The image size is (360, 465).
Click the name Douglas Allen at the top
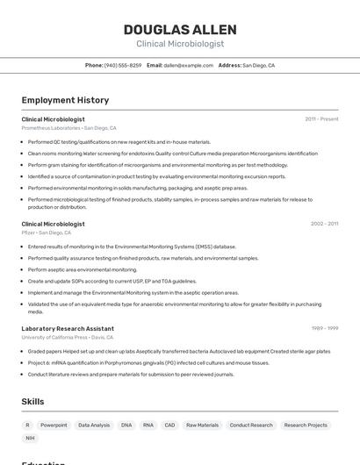(179, 29)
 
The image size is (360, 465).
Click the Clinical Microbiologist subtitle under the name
(179, 44)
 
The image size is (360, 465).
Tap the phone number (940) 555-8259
(122, 65)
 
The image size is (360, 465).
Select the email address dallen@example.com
(188, 65)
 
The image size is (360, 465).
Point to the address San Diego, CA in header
(258, 65)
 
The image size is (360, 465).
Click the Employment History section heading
(65, 100)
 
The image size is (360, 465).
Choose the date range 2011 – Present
(321, 119)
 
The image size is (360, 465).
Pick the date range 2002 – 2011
(324, 224)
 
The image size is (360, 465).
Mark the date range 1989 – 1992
(325, 328)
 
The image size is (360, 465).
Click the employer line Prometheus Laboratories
(68, 128)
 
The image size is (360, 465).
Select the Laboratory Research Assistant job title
(68, 328)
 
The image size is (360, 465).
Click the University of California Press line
(68, 337)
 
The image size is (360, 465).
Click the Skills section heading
(33, 402)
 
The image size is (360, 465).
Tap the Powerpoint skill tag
(54, 425)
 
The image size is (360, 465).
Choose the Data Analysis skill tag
(94, 425)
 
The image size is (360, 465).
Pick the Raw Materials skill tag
(202, 425)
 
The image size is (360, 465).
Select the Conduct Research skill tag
(251, 425)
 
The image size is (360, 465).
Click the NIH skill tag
(30, 438)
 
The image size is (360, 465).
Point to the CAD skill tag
(169, 425)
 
